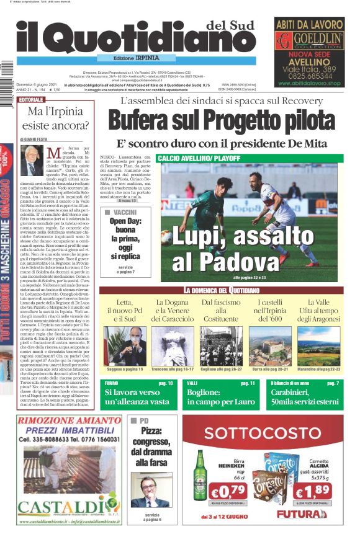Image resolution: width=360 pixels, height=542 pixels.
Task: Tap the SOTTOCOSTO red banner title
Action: click(263, 432)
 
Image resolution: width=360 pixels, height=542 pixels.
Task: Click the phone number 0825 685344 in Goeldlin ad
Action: click(309, 75)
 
